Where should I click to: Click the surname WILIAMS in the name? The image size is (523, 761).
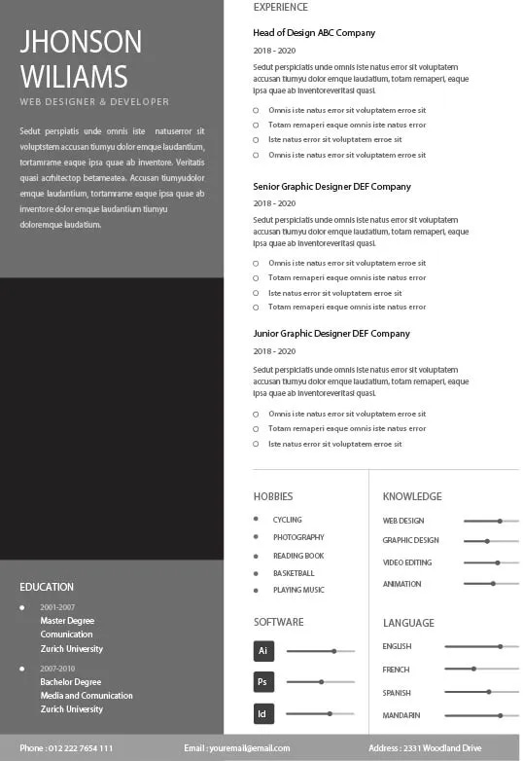tap(74, 76)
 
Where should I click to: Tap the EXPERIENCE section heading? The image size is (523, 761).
tap(280, 7)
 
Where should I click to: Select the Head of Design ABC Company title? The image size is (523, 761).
tap(314, 33)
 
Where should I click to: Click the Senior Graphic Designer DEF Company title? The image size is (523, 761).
tap(331, 186)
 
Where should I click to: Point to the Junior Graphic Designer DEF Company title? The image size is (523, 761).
tap(331, 334)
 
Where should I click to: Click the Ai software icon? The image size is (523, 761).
tap(262, 651)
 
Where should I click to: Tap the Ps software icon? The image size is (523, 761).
tap(262, 682)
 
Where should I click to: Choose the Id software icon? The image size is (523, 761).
tap(262, 713)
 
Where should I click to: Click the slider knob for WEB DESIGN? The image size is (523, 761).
tap(500, 521)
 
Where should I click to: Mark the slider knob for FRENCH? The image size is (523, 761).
tap(473, 669)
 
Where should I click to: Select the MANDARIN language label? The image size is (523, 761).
tap(401, 715)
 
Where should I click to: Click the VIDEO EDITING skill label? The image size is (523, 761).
tap(407, 562)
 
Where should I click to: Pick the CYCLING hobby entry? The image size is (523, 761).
tap(287, 520)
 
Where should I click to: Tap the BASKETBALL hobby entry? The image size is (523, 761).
tap(294, 573)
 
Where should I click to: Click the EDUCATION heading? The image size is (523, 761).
tap(47, 587)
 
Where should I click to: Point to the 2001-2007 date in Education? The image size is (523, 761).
tap(57, 607)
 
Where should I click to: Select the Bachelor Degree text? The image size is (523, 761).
tap(71, 682)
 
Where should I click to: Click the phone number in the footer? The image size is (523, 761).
tap(66, 747)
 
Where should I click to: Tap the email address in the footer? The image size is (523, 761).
tap(236, 747)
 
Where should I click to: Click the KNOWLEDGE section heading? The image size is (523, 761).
tap(412, 496)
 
